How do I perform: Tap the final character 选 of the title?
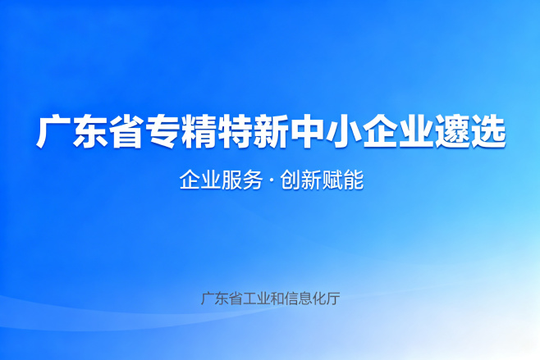488,132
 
